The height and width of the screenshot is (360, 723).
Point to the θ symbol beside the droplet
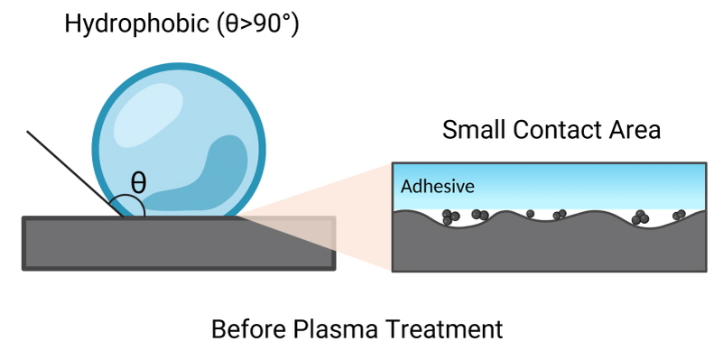pos(138,181)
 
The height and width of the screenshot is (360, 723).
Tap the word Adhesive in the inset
pos(437,187)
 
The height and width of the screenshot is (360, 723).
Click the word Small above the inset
pos(473,130)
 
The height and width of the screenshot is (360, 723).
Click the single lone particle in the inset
pos(531,215)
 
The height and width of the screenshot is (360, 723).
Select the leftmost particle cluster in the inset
pos(451,216)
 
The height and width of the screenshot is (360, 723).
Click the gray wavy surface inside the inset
pos(542,248)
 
